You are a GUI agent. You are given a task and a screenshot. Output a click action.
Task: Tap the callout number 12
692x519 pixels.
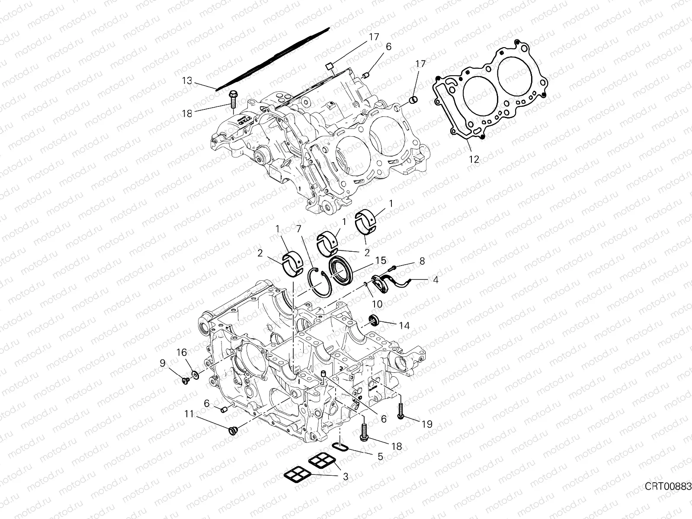(x=474, y=159)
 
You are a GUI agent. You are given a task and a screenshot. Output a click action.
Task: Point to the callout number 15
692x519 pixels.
(x=381, y=261)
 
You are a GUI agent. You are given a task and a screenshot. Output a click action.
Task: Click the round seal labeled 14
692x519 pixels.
(x=373, y=320)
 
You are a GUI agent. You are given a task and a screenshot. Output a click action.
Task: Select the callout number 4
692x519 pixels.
(x=436, y=280)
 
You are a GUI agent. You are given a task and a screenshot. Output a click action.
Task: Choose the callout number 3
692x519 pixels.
(x=345, y=477)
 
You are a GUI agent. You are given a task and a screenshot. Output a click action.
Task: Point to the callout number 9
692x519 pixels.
(x=163, y=364)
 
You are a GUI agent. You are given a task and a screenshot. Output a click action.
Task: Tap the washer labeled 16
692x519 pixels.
(x=195, y=374)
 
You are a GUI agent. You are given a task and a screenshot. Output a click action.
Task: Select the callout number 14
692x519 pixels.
(x=404, y=325)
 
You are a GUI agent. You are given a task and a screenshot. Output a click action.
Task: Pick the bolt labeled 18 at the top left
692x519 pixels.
(x=233, y=99)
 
